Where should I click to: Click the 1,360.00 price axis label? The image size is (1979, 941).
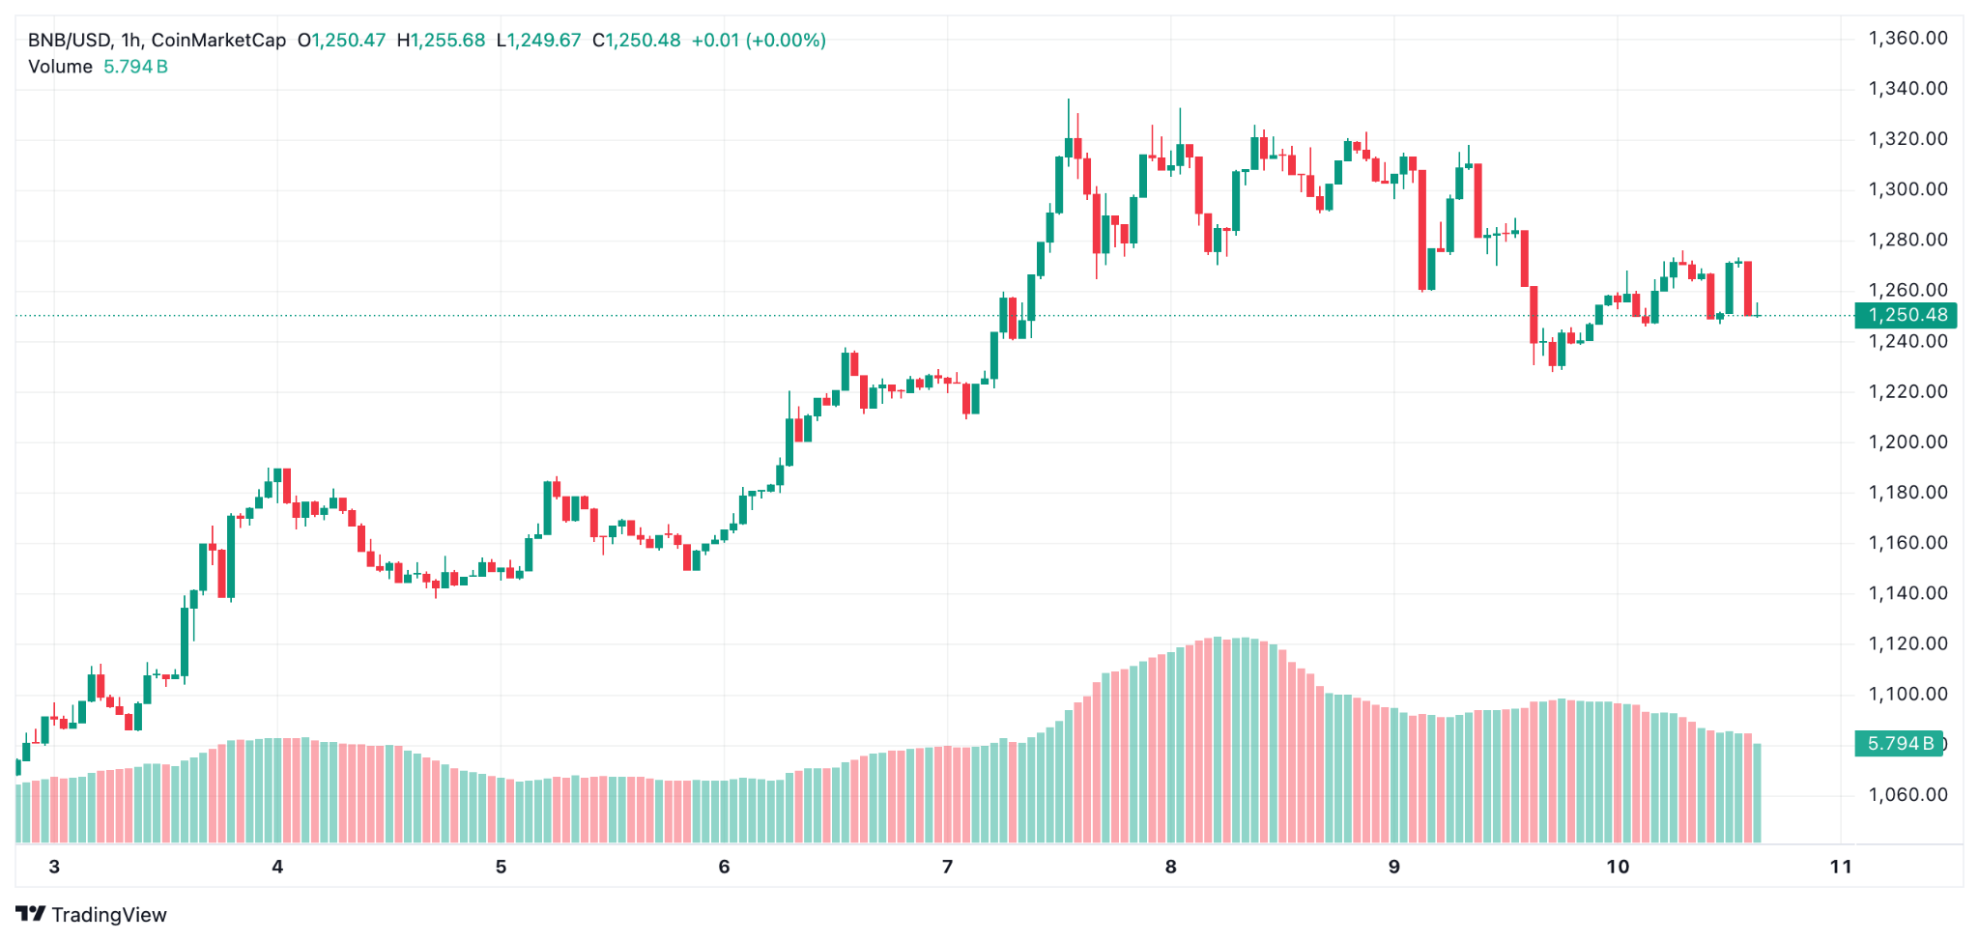click(x=1907, y=39)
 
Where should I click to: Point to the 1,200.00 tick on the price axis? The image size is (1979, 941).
click(x=1907, y=442)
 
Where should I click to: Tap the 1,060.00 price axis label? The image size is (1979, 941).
click(x=1907, y=795)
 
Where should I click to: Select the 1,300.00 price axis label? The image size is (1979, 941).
click(x=1907, y=189)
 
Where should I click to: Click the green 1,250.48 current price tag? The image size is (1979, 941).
click(x=1906, y=315)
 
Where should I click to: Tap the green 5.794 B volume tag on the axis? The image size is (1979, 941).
click(x=1899, y=744)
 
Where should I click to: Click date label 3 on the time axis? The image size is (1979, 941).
click(x=54, y=867)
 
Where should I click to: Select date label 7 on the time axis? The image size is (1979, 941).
click(x=947, y=867)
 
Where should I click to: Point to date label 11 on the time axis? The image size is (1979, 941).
click(x=1841, y=867)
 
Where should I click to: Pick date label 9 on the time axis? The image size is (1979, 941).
click(x=1393, y=867)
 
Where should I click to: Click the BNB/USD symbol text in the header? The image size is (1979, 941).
click(x=69, y=41)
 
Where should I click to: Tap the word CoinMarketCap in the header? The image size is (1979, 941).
click(x=218, y=41)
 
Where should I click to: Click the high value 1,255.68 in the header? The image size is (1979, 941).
click(x=447, y=41)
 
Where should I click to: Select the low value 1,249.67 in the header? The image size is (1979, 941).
click(x=544, y=41)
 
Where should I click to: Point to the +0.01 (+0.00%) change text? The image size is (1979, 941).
click(x=759, y=41)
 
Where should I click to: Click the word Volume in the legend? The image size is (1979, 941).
click(x=60, y=67)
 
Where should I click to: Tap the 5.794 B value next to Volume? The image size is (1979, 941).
click(x=135, y=67)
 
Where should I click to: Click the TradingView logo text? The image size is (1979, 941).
click(x=108, y=915)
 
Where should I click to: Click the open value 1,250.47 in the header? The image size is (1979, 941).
click(x=348, y=41)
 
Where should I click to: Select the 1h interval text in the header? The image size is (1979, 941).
click(x=131, y=41)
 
